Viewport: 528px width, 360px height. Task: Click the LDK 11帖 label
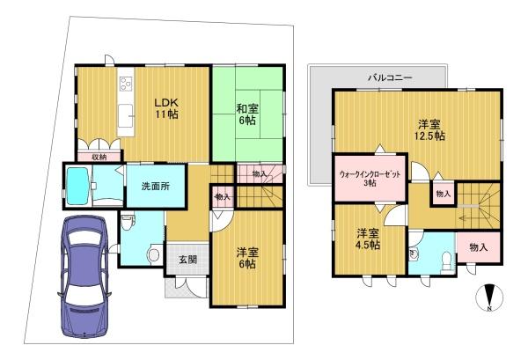click(166, 108)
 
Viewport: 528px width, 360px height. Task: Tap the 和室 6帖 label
click(247, 114)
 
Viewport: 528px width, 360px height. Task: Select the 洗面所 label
click(155, 187)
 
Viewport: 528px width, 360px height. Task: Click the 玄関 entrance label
click(187, 260)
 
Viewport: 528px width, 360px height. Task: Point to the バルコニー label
click(390, 77)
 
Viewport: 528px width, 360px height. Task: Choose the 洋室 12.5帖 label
click(429, 130)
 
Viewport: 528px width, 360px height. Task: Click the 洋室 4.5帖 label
click(368, 239)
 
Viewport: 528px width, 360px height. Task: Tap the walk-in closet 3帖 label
click(370, 179)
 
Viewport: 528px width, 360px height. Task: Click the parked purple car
click(84, 276)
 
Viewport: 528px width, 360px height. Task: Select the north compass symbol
click(489, 298)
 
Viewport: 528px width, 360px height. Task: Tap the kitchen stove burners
click(126, 84)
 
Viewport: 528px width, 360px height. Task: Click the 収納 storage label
click(100, 157)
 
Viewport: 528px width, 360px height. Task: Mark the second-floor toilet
click(446, 261)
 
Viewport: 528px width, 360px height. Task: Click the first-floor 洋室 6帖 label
click(247, 258)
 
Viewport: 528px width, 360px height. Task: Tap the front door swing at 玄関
click(196, 288)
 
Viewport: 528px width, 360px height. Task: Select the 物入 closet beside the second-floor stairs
click(444, 194)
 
